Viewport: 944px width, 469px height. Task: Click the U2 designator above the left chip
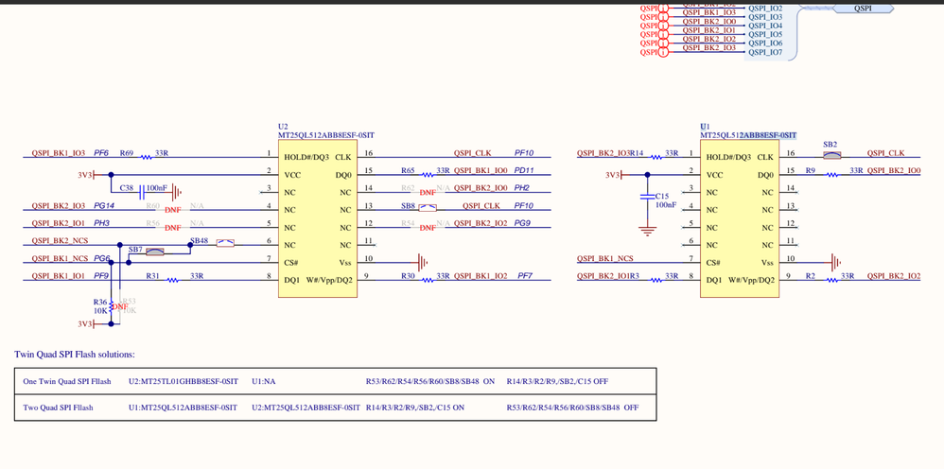tap(283, 126)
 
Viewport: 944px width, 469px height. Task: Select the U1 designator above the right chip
tap(705, 126)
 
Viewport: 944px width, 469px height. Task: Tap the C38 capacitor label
tap(127, 188)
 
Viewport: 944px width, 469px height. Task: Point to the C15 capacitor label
tap(662, 196)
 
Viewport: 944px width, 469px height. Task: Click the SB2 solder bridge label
tap(830, 145)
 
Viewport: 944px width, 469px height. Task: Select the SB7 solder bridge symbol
tap(154, 252)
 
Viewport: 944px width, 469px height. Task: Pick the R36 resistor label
tap(100, 302)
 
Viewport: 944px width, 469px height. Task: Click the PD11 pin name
tap(524, 171)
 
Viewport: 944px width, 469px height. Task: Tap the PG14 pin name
tap(104, 205)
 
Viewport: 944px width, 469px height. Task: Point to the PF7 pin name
tap(524, 276)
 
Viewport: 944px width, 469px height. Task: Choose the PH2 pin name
tap(521, 188)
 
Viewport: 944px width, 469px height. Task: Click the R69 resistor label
tap(127, 153)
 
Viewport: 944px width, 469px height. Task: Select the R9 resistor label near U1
tap(811, 171)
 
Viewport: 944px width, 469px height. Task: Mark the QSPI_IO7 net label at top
tap(765, 52)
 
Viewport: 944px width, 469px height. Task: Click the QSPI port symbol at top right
tap(863, 9)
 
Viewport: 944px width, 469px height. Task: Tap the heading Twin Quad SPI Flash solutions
tap(75, 355)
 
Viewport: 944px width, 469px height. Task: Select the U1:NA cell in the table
tap(265, 381)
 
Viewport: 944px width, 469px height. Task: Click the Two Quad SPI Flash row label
tap(58, 408)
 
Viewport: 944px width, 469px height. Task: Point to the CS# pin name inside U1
tap(713, 263)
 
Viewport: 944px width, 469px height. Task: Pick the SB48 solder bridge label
tap(199, 240)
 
